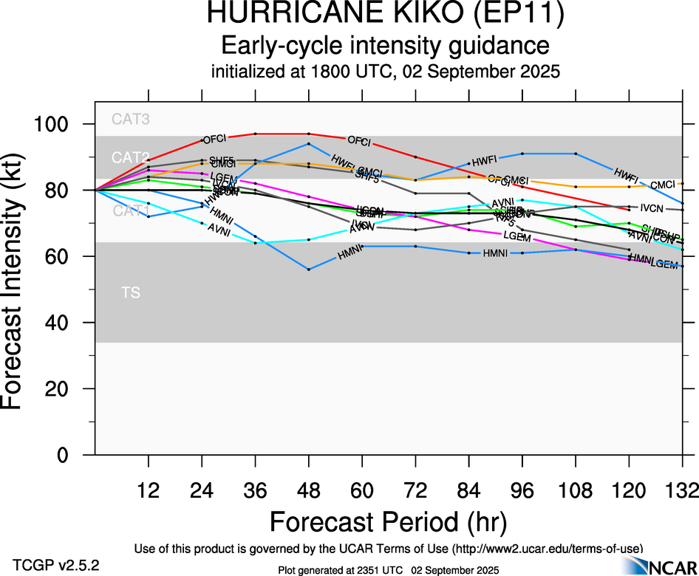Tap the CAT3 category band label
(131, 119)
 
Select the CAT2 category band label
(131, 157)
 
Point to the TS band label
(131, 293)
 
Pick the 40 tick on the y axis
(61, 323)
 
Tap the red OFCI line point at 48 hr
(309, 134)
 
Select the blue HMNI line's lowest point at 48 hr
(309, 269)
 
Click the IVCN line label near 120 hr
(652, 208)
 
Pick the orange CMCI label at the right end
(663, 185)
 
